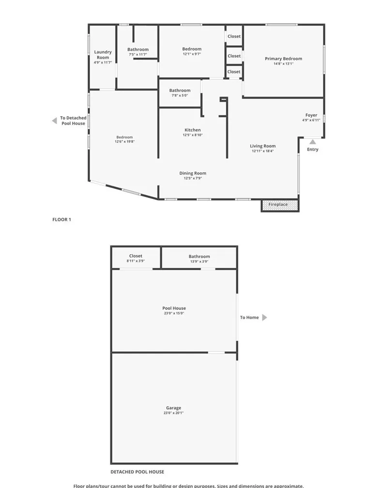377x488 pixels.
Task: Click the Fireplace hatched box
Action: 280,205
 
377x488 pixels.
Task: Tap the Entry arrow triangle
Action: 313,142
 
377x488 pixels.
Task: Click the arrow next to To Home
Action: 264,318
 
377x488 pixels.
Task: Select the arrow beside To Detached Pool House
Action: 54,121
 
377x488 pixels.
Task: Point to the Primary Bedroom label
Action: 283,59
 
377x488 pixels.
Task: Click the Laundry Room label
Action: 103,55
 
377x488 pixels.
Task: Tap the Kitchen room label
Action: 193,130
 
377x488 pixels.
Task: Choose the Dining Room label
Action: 193,173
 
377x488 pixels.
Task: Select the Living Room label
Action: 263,146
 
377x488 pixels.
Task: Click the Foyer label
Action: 311,115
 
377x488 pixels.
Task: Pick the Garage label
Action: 173,408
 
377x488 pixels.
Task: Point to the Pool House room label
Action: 174,308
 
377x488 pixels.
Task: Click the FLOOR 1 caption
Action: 61,219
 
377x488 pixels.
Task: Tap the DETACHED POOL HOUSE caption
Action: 137,472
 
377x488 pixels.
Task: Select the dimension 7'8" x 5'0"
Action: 180,95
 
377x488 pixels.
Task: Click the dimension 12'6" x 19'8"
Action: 124,142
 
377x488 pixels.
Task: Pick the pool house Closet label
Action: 136,256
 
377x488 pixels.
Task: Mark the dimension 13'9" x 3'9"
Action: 199,261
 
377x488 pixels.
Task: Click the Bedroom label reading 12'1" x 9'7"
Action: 192,49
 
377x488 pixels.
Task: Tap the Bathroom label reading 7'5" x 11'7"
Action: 138,49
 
